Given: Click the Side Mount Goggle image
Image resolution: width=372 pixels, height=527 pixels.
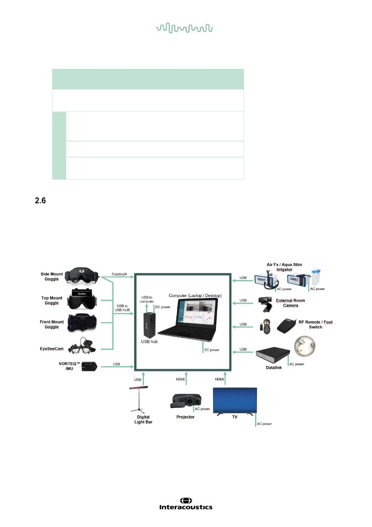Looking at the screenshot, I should (x=82, y=276).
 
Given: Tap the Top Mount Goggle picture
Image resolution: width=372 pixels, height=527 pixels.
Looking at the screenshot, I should (x=82, y=299).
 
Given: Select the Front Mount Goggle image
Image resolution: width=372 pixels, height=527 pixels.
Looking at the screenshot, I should (x=82, y=323).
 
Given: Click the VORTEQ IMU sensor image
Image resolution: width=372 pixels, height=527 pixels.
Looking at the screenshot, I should (x=89, y=366).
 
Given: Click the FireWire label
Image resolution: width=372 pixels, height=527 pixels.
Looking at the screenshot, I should (x=119, y=274).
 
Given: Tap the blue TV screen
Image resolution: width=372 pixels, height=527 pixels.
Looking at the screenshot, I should (x=235, y=400).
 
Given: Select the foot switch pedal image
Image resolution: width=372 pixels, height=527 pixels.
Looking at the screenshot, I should (x=286, y=326).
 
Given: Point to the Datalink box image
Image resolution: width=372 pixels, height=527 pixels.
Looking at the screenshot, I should (x=271, y=355).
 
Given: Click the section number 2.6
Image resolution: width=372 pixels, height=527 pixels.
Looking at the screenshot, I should (x=40, y=201).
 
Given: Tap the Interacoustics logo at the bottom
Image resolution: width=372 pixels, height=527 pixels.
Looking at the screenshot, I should (x=186, y=504).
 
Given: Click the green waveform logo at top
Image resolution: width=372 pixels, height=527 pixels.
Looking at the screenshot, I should (x=185, y=28).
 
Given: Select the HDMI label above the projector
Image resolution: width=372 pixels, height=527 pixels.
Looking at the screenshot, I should (x=181, y=379).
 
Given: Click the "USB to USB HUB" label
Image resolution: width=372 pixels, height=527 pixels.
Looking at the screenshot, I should (x=122, y=308).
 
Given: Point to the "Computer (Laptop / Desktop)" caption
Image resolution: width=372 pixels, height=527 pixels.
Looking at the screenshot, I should (x=195, y=296).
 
